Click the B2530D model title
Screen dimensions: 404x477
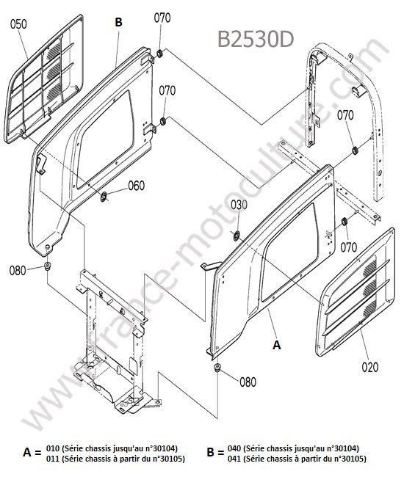tap(256, 39)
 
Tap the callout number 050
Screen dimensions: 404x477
tap(18, 24)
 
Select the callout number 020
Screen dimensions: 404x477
tap(370, 367)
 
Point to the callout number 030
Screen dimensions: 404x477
tap(239, 205)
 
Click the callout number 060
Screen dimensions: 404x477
tap(137, 186)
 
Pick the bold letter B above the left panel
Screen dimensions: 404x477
tap(118, 22)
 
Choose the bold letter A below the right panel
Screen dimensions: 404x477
tap(276, 345)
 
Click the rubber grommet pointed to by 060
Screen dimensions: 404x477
tap(104, 197)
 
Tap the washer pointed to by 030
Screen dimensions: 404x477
tap(236, 236)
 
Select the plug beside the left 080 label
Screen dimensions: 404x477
tap(48, 266)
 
